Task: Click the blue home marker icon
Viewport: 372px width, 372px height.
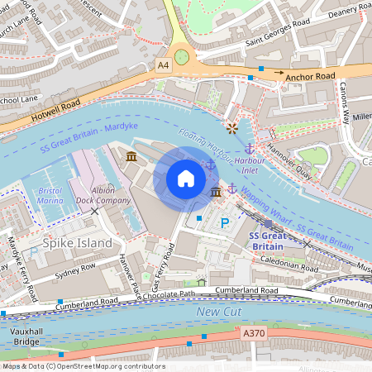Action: pyautogui.click(x=186, y=179)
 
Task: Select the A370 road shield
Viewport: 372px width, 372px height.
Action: pyautogui.click(x=255, y=332)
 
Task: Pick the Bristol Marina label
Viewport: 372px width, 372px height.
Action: pyautogui.click(x=50, y=195)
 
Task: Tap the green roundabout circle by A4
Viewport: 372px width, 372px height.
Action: pyautogui.click(x=181, y=56)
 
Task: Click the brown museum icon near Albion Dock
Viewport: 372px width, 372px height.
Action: pyautogui.click(x=131, y=156)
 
